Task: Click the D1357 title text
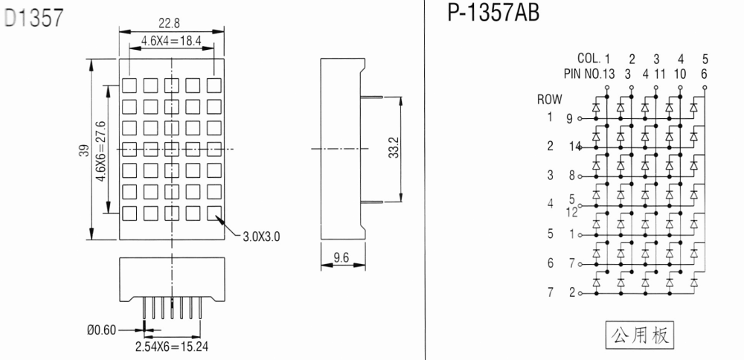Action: pos(33,18)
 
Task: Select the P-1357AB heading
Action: pos(493,13)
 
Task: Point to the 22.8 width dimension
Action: pos(170,23)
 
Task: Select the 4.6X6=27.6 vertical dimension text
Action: pos(100,151)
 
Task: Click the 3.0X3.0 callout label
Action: pos(261,237)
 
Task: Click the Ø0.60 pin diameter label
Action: pos(101,330)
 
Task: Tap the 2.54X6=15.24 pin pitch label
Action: pos(172,347)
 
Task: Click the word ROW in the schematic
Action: pos(550,100)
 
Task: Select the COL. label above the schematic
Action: pos(589,59)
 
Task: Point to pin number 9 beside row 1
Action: pos(569,118)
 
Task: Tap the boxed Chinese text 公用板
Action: pos(640,335)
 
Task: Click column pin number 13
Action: pos(609,74)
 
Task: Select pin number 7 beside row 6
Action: pos(571,263)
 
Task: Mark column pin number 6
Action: pos(704,74)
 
